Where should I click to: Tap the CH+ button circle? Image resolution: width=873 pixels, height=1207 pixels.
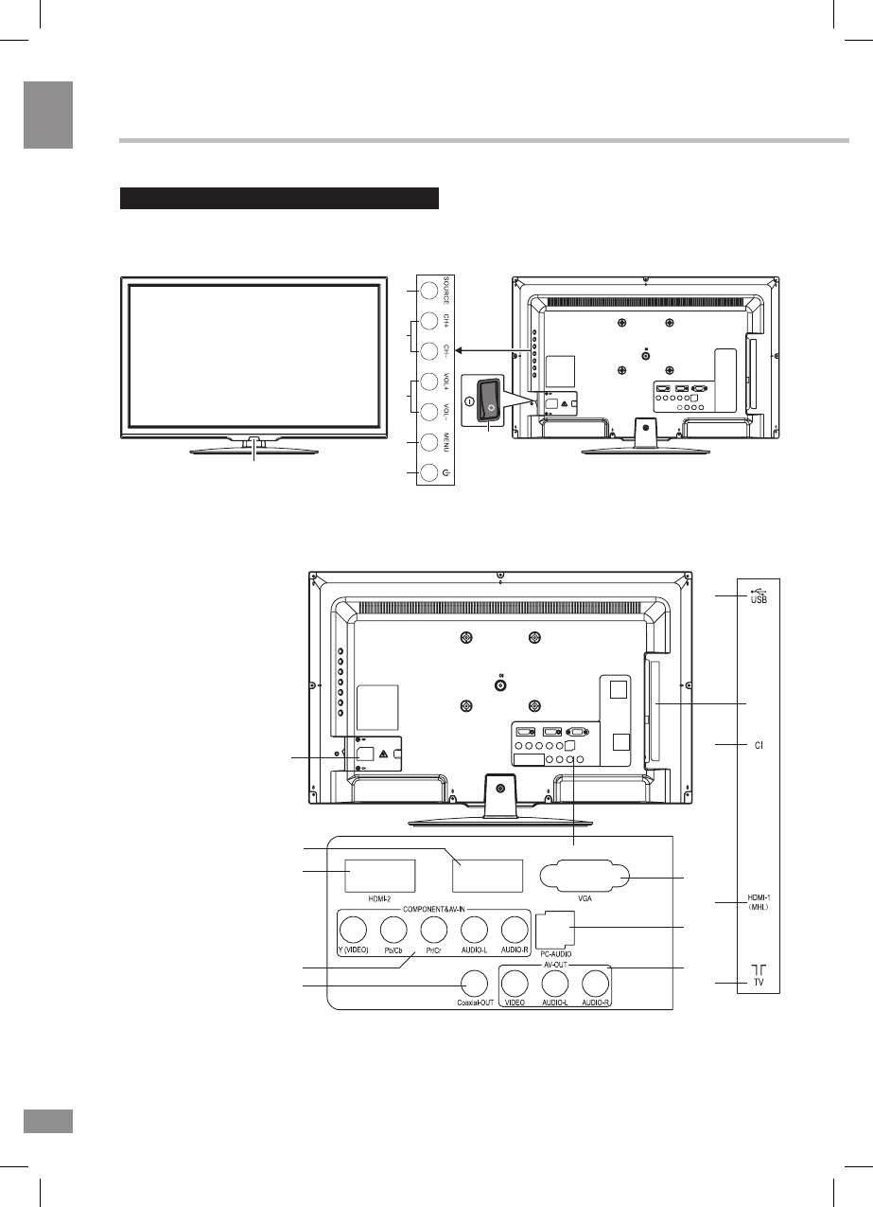point(429,321)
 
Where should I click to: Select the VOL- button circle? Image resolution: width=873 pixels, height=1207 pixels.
point(429,412)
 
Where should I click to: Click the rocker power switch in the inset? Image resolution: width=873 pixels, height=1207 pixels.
point(488,399)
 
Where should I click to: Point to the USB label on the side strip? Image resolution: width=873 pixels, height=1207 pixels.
point(758,595)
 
